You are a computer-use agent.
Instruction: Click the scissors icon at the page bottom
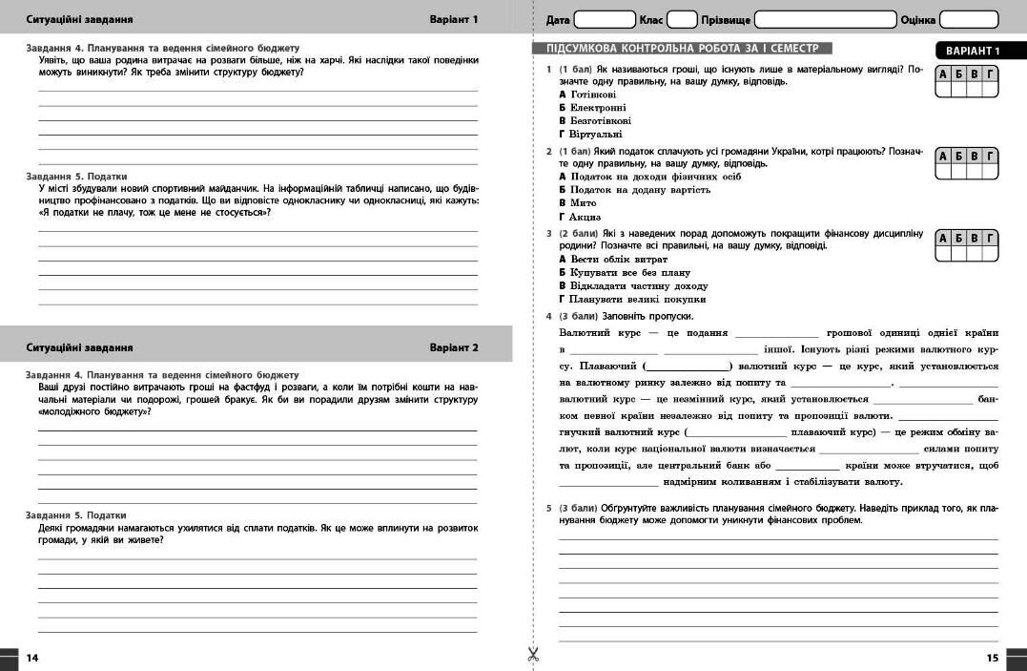pos(533,655)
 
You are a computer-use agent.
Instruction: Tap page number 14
pos(32,658)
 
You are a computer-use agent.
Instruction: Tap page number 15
pos(993,658)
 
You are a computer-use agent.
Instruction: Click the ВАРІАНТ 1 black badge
pos(973,51)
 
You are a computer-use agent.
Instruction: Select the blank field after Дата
pos(605,19)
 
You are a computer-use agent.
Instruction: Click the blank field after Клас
pos(682,19)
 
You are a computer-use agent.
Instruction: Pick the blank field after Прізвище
pos(825,19)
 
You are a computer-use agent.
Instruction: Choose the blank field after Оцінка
pos(969,19)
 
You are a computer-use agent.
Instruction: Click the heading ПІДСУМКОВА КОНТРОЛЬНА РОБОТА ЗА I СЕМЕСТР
pos(682,48)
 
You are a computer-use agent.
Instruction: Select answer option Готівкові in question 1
pos(592,94)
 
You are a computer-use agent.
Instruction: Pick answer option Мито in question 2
pos(583,203)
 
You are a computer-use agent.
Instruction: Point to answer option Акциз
pos(585,217)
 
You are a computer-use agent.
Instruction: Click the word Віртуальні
pos(595,135)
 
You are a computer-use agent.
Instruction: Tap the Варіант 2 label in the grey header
pos(454,347)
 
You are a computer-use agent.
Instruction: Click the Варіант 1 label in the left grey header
pos(454,19)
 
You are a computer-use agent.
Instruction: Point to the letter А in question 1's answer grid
pos(944,74)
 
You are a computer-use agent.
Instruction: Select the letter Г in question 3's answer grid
pos(991,238)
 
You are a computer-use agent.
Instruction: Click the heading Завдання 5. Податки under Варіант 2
pos(76,514)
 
